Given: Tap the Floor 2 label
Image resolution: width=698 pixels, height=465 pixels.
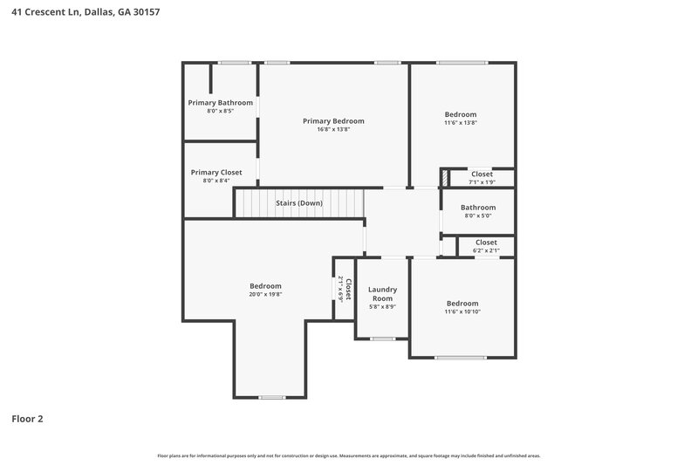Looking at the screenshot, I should pos(27,419).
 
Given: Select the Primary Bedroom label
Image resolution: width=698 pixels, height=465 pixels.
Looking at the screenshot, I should pos(333,121).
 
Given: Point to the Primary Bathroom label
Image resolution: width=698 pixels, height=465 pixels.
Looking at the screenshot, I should pos(221,103).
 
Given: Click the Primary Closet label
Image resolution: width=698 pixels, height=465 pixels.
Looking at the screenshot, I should pos(216,173).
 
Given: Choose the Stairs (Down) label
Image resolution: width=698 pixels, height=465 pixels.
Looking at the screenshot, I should pos(299,203).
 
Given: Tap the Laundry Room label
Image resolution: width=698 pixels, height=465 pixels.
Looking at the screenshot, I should pos(382,294).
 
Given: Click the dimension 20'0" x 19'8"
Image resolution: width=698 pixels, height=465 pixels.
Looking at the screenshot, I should pos(266,295).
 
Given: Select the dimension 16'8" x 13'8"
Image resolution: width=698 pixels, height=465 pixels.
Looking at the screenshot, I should pos(333,130).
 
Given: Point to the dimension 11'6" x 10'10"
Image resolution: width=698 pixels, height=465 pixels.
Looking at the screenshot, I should pos(462,312).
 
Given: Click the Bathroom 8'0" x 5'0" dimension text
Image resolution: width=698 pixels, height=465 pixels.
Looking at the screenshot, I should pos(478,216).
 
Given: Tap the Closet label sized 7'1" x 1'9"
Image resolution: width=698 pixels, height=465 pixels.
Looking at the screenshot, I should pos(482,174).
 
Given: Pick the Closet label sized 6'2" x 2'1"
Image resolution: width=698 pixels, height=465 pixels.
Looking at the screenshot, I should pos(486,243).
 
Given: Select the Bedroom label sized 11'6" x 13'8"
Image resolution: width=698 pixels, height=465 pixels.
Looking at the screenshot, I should pos(461,114).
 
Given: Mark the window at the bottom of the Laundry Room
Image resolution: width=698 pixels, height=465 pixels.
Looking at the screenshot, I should pos(382,338).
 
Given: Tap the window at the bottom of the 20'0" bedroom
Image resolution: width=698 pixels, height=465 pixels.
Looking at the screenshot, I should pos(271,398).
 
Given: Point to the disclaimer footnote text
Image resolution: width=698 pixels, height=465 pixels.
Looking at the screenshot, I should pos(349,456).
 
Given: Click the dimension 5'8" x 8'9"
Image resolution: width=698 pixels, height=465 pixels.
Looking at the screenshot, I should pos(382,307).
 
